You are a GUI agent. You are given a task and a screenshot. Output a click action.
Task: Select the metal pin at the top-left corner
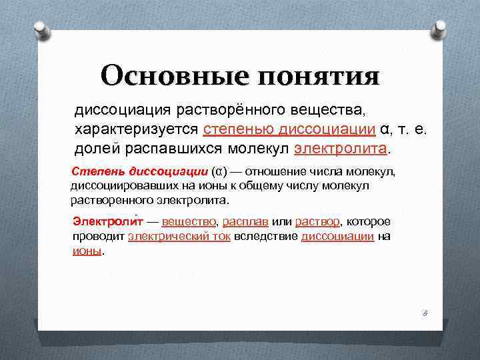(39, 28)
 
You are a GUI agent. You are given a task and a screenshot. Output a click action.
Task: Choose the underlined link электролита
(340, 147)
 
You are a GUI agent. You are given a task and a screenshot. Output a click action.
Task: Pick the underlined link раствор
(317, 221)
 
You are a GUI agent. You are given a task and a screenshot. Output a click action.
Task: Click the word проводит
(99, 236)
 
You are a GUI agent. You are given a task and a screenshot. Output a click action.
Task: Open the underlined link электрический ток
(179, 236)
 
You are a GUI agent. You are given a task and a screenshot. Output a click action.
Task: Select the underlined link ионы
(87, 251)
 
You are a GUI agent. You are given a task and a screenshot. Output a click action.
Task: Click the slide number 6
(424, 312)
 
